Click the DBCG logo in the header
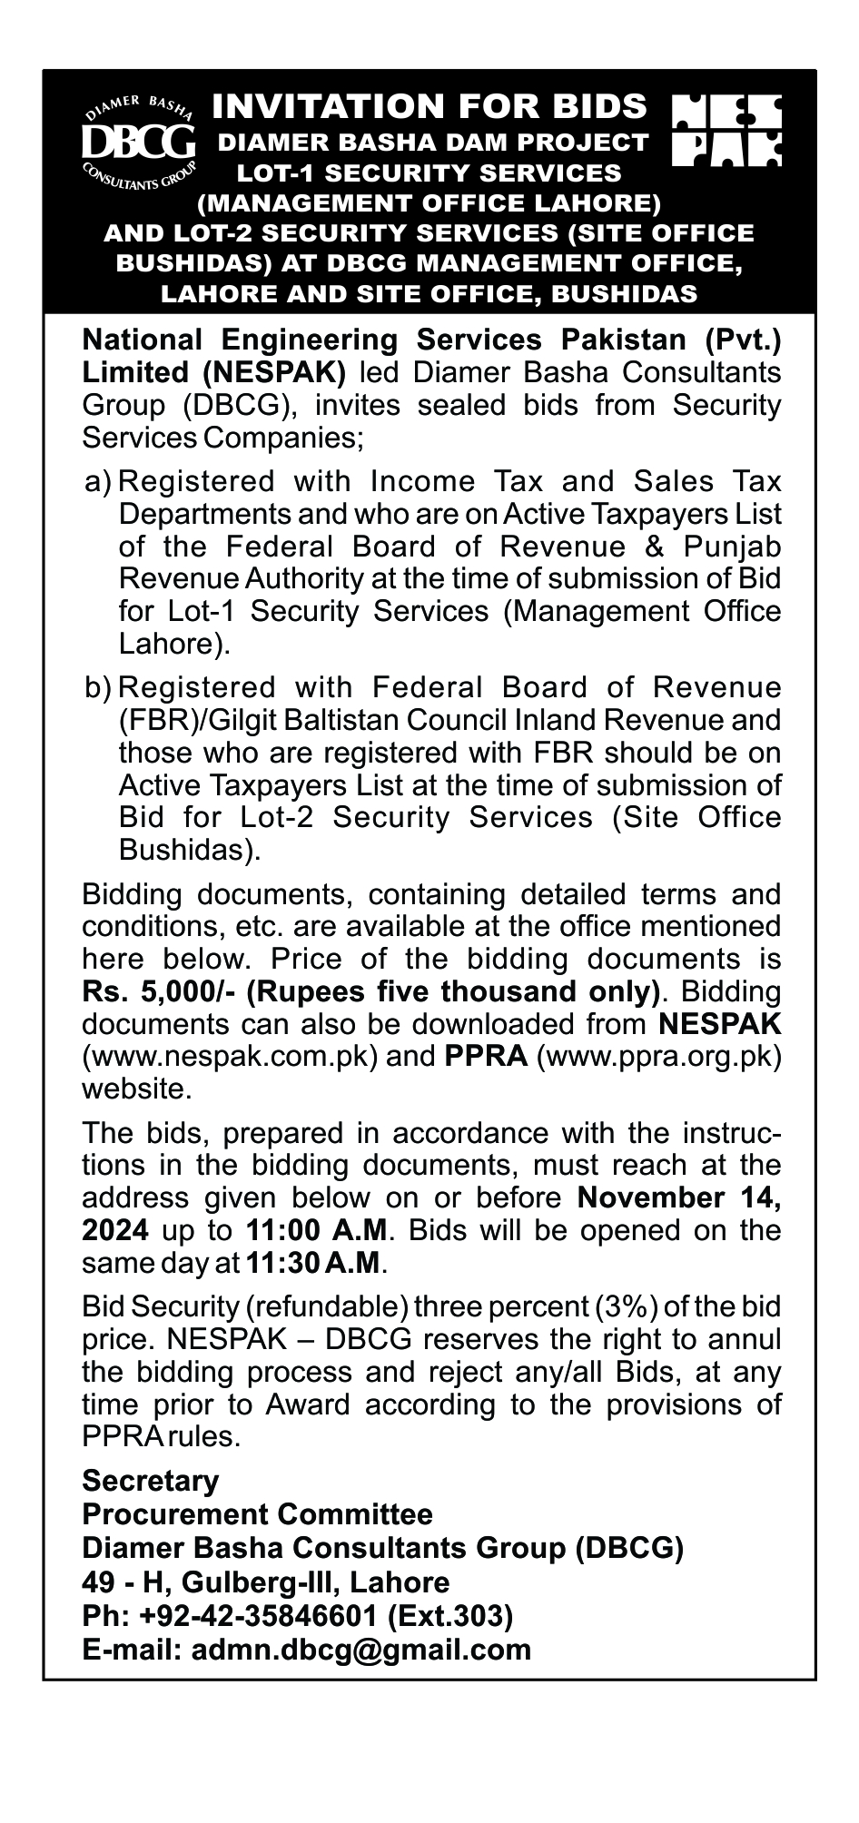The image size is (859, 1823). tap(138, 141)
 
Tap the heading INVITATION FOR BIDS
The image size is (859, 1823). tap(429, 107)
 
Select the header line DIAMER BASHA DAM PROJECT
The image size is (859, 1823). tap(433, 142)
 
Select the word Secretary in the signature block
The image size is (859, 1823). tap(151, 1481)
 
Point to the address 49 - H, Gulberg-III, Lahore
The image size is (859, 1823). tap(265, 1582)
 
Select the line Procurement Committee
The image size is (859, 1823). tap(257, 1514)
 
